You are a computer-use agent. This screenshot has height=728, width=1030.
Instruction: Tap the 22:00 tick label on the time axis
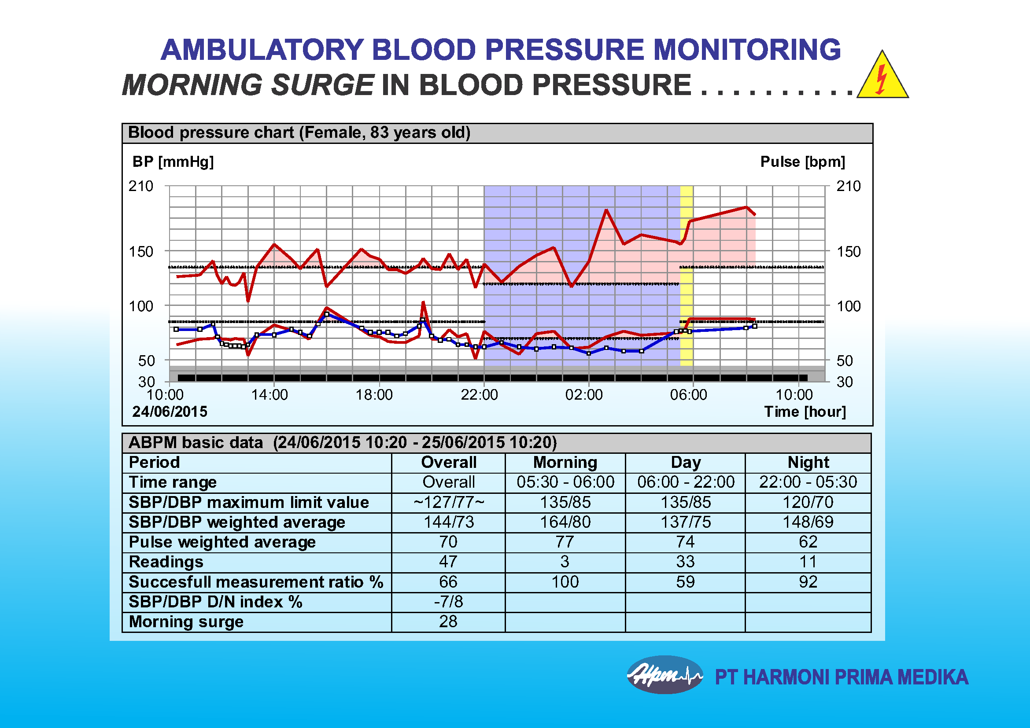479,395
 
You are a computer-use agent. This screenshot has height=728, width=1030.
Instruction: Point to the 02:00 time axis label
583,395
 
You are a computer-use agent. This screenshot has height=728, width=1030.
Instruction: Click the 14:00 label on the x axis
269,395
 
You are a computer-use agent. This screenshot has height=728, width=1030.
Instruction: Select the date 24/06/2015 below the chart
170,412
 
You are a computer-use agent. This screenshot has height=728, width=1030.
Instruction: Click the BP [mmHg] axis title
173,162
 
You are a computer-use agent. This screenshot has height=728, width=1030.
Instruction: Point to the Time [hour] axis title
805,412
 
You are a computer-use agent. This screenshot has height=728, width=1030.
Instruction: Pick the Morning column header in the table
565,462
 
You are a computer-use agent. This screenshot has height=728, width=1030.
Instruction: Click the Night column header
808,462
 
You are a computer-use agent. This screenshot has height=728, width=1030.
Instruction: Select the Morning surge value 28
448,621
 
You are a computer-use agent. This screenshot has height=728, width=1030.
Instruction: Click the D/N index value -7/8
448,602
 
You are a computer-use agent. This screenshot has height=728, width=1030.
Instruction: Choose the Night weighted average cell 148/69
808,522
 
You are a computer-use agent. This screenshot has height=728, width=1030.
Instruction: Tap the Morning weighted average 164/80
565,522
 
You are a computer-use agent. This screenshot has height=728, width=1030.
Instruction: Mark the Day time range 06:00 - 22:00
686,482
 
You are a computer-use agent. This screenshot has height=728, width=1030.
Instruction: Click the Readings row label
166,562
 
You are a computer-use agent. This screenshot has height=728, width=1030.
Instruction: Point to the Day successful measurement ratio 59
686,582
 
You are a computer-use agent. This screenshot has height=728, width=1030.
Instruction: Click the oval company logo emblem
665,674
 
